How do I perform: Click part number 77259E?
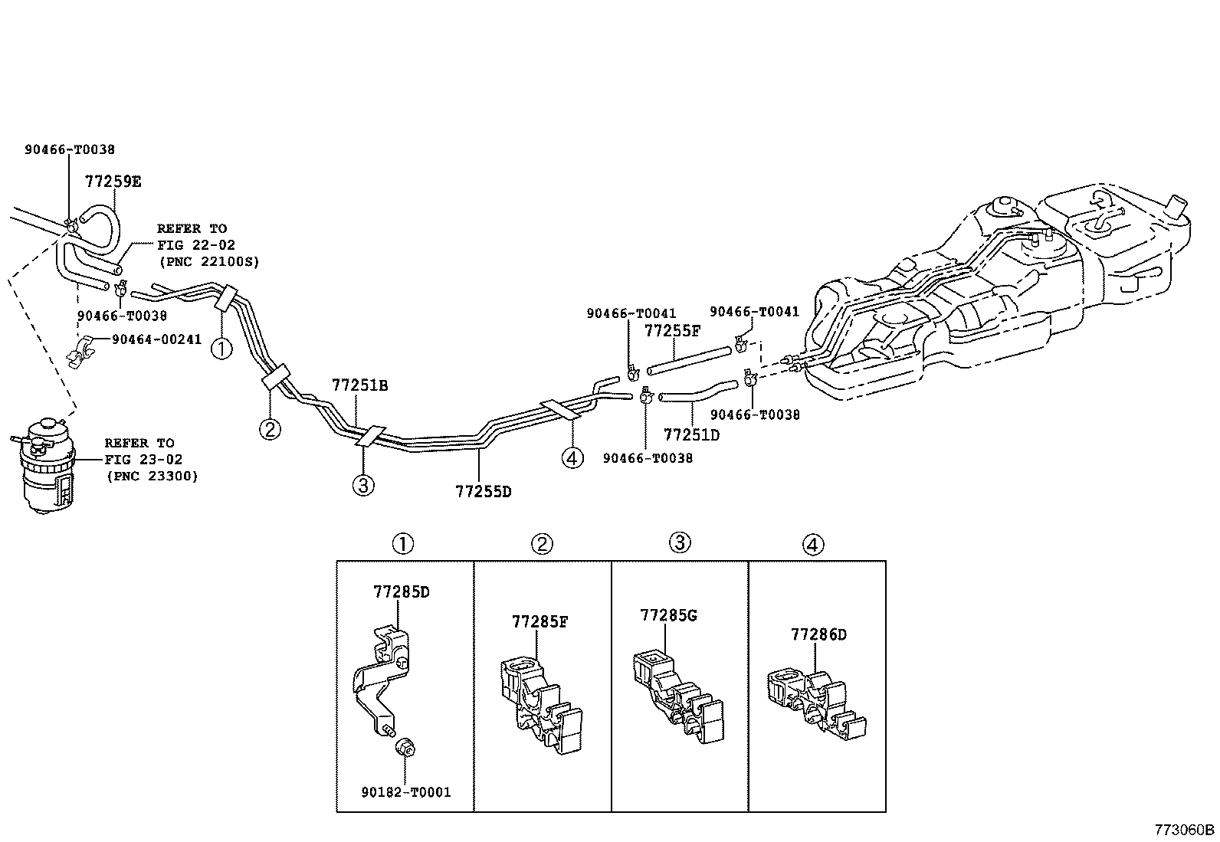(113, 182)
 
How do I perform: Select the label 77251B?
(359, 385)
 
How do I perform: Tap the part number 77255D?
(483, 491)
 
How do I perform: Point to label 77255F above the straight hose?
(672, 331)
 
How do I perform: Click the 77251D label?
(691, 434)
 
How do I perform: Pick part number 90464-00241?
(156, 339)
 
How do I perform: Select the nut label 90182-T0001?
(406, 791)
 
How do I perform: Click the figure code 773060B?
(1185, 830)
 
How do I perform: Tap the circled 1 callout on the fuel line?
(221, 349)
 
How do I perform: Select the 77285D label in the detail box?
(401, 591)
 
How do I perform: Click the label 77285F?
(539, 622)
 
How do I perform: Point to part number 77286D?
(818, 634)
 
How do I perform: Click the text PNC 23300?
(152, 476)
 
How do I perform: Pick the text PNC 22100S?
(208, 261)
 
